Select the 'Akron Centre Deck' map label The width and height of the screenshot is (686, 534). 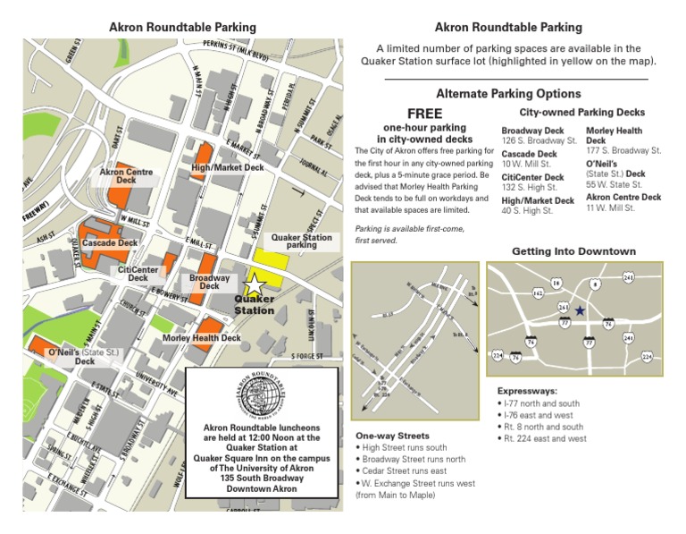coord(126,176)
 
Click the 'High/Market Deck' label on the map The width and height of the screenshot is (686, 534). coord(228,167)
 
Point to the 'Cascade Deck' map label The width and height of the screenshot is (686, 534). coord(110,242)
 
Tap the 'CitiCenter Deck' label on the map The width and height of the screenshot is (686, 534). coord(138,274)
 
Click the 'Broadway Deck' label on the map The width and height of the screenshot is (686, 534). coord(210,283)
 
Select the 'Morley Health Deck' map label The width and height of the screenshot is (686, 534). coord(202,338)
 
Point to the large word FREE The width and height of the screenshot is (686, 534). coord(425,114)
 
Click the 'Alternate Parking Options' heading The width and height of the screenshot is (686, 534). coord(508,93)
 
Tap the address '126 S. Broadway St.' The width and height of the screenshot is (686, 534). coord(540,141)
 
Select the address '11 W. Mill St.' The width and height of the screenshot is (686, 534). coord(610,208)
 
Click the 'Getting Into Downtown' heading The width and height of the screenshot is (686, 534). coord(573,251)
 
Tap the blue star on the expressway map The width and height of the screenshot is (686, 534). coord(580,310)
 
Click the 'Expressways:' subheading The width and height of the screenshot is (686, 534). coord(527,391)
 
